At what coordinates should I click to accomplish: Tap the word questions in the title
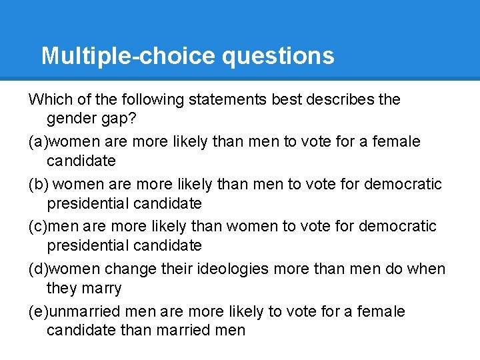click(278, 55)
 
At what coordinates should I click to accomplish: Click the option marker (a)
click(39, 141)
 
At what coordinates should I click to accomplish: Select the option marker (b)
click(39, 184)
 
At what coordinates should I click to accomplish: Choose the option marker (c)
click(39, 226)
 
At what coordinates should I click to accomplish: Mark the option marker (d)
click(39, 269)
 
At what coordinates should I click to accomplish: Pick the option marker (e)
click(39, 311)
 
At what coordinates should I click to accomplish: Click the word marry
click(101, 288)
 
